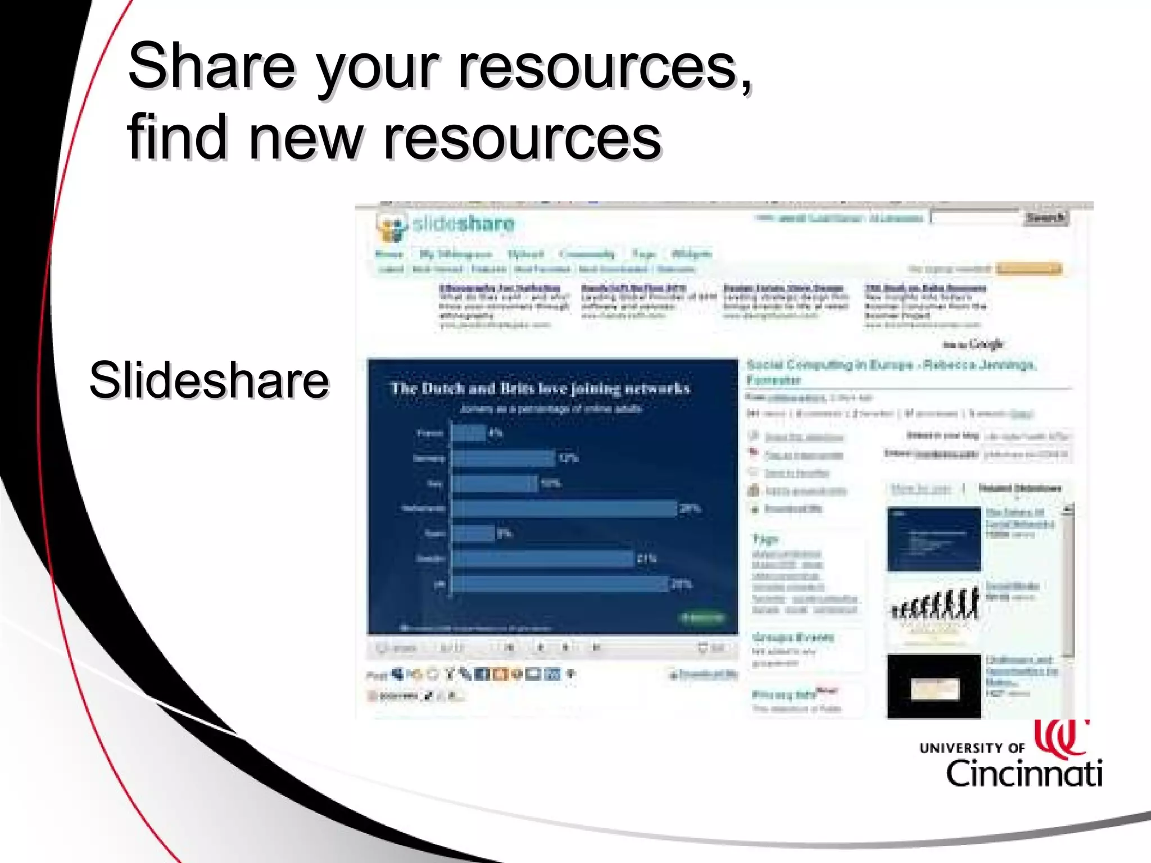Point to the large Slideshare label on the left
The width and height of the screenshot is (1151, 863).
(209, 380)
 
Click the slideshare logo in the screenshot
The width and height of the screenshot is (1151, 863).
(446, 225)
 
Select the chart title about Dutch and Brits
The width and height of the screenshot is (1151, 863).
(540, 388)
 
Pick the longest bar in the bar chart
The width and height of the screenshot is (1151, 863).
(564, 508)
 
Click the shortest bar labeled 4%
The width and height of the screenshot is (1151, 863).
(469, 433)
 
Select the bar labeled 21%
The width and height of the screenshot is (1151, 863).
(543, 558)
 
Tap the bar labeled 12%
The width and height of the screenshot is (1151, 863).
(504, 458)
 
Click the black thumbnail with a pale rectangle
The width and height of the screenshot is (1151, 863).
(934, 687)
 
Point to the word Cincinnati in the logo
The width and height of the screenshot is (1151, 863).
(1024, 774)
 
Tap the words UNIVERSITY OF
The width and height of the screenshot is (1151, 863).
(972, 748)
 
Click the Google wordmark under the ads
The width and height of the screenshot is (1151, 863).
(986, 344)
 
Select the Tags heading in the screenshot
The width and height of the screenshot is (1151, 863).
(765, 539)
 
